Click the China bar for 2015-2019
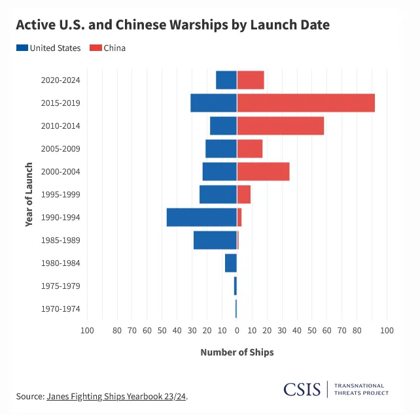[x=306, y=103]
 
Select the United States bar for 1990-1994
[x=201, y=217]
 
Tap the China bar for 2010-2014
[x=280, y=125]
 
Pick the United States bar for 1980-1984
[x=230, y=263]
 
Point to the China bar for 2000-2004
[x=263, y=171]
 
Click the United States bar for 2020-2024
[x=226, y=80]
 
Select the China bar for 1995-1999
[x=243, y=194]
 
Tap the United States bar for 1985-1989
[x=215, y=240]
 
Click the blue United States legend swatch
[x=22, y=48]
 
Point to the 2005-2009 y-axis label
[x=60, y=149]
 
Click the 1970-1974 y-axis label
[x=60, y=309]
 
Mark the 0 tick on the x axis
[x=237, y=330]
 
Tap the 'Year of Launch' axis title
[x=29, y=194]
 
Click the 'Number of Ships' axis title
[x=237, y=352]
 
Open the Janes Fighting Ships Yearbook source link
[x=116, y=396]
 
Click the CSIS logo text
[x=302, y=390]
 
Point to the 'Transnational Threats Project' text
[x=361, y=390]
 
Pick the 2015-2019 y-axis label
[x=60, y=103]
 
